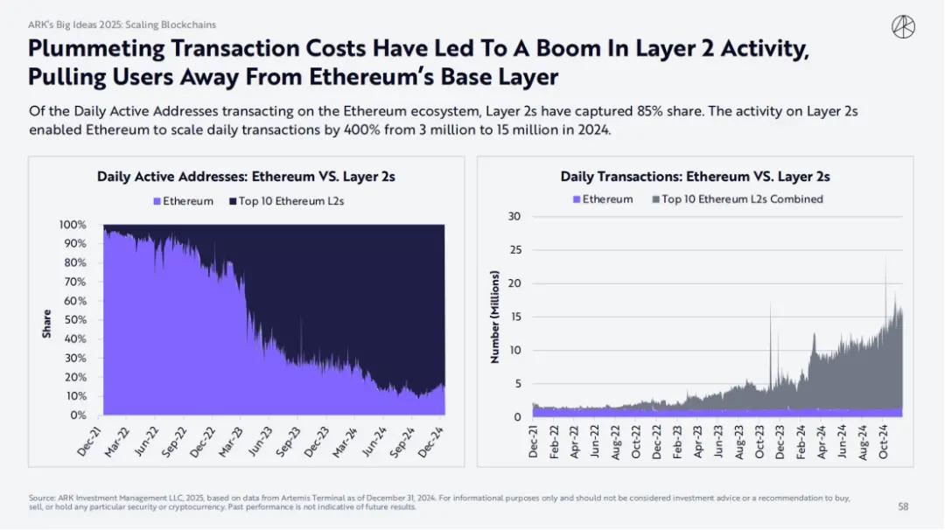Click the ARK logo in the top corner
(903, 27)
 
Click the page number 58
(903, 506)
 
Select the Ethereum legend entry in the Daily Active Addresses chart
(183, 201)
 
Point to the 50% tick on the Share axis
(73, 320)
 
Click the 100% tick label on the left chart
(72, 225)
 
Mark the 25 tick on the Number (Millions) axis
(514, 250)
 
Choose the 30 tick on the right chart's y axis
(514, 217)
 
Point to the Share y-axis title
(46, 324)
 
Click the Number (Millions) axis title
(494, 317)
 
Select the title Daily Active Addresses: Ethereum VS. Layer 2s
(246, 177)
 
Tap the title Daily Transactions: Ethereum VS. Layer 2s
(695, 177)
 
